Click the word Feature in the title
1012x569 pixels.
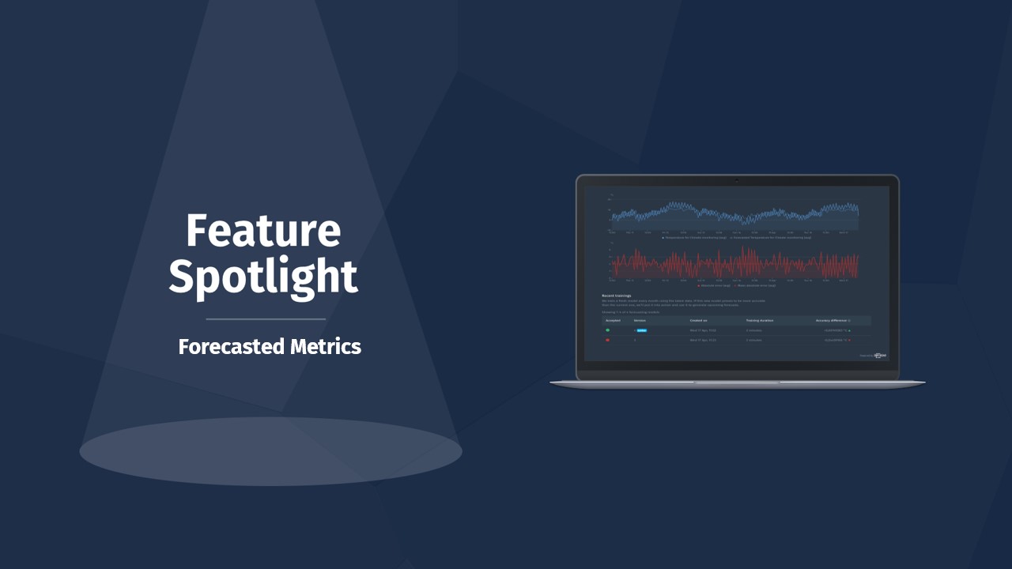[263, 231]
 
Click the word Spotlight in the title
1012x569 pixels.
[263, 277]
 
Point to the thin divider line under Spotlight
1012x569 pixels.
[266, 319]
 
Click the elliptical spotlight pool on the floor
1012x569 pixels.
[270, 451]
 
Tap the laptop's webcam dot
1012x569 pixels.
[737, 180]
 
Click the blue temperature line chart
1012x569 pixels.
[735, 214]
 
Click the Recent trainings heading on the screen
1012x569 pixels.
[617, 296]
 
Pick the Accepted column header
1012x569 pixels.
[614, 320]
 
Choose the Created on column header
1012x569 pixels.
[699, 320]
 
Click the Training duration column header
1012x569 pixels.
[757, 320]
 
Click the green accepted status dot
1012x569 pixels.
[608, 330]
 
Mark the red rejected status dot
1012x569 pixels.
[608, 340]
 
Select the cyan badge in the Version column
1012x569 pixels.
[642, 330]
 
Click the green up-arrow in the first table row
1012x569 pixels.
[850, 330]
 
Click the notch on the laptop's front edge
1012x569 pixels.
[737, 382]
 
